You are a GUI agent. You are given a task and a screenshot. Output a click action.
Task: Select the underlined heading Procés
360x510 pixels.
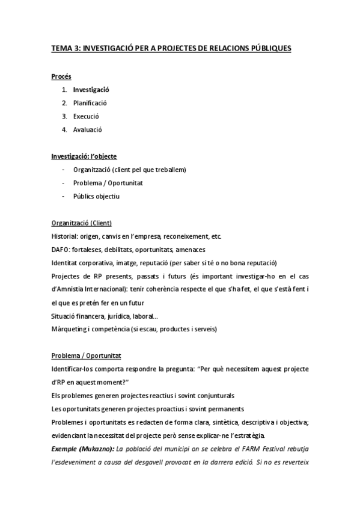pyautogui.click(x=61, y=76)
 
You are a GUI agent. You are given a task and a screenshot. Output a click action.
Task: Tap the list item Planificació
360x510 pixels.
pyautogui.click(x=90, y=103)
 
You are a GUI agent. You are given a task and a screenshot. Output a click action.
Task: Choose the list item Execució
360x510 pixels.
pyautogui.click(x=86, y=116)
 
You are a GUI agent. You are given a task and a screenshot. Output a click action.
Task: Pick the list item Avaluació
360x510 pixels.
pyautogui.click(x=88, y=129)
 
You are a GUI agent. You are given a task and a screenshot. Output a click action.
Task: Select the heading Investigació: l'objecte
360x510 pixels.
pyautogui.click(x=84, y=156)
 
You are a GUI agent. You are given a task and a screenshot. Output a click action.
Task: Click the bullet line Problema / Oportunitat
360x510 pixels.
pyautogui.click(x=108, y=183)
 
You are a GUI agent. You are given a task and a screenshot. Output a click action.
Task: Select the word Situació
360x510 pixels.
pyautogui.click(x=64, y=316)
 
